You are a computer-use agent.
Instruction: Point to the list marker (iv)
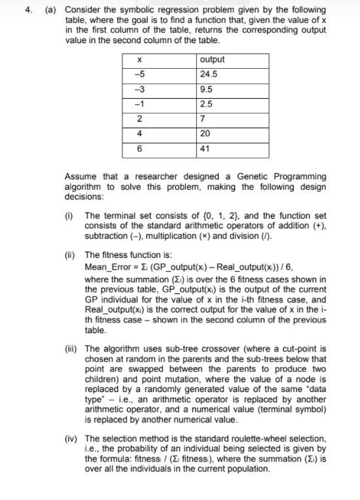tap(71, 438)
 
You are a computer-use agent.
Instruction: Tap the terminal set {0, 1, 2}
tap(192, 215)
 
